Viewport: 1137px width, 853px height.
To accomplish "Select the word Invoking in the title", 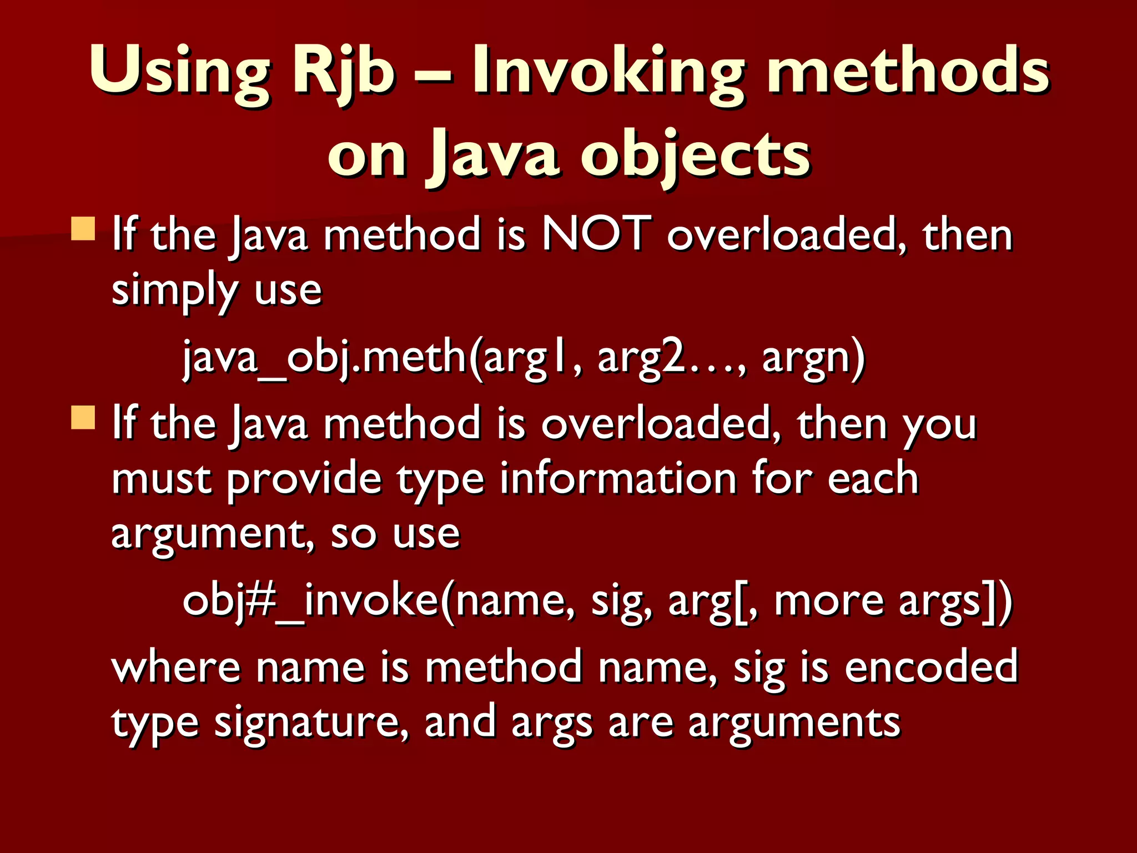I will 608,72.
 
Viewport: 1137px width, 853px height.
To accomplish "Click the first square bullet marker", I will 83,228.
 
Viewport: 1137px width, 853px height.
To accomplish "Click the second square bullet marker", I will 83,417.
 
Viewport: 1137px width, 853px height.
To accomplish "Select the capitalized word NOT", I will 596,234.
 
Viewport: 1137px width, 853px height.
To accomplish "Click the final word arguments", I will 794,723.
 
